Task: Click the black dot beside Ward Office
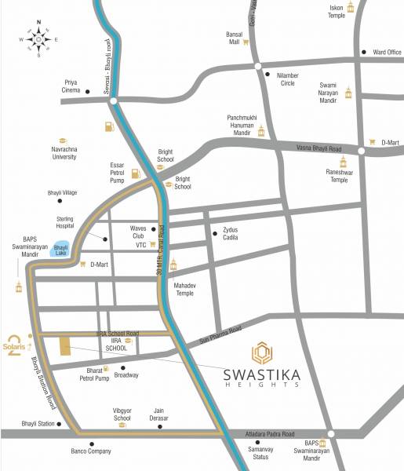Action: coord(364,53)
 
